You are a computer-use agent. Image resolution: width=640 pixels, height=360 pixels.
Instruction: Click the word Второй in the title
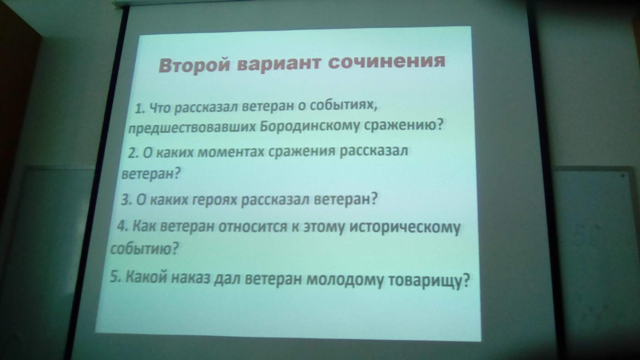click(194, 66)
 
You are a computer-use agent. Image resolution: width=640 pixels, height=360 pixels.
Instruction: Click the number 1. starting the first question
click(141, 109)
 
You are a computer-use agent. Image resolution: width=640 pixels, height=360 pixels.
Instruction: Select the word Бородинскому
click(310, 126)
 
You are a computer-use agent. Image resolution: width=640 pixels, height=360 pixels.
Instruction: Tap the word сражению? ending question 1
click(403, 125)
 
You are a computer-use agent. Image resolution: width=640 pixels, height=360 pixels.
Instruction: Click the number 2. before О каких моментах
click(133, 154)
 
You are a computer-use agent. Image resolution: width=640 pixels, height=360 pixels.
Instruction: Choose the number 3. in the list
click(126, 200)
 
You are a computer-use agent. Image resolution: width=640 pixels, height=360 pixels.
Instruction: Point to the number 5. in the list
click(115, 277)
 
